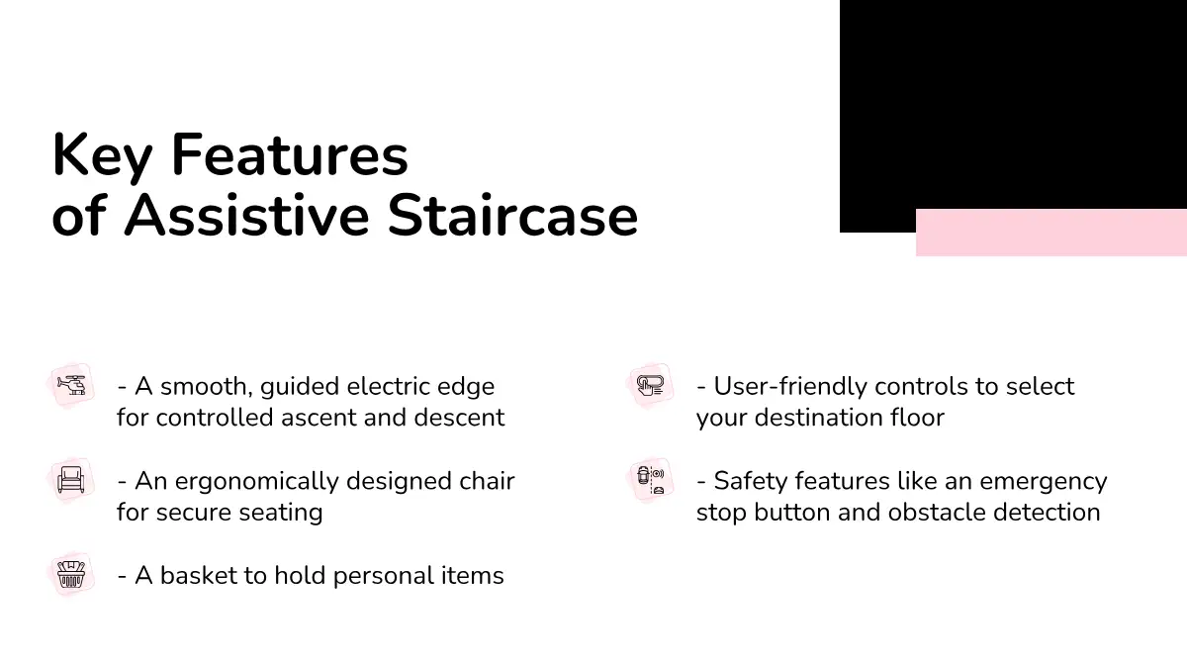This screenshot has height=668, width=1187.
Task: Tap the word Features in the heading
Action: [x=289, y=154]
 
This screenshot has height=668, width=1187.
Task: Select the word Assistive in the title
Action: [x=246, y=216]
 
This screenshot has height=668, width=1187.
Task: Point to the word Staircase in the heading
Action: [x=512, y=216]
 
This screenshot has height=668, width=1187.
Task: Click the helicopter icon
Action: [x=71, y=385]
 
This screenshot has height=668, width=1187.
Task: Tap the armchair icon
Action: [x=71, y=480]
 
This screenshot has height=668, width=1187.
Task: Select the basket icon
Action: [x=71, y=575]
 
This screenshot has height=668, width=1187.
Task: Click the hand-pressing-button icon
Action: [x=650, y=385]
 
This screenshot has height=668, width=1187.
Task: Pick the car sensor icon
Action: [x=650, y=480]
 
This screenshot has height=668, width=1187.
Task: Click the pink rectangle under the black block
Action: [x=1051, y=233]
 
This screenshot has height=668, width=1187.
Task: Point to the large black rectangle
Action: [x=1013, y=106]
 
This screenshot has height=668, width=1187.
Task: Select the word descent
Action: [x=459, y=418]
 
